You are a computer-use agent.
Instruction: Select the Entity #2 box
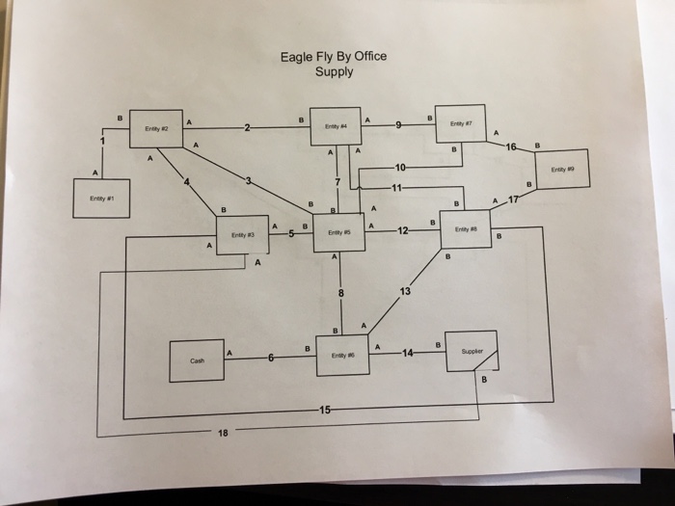click(x=155, y=127)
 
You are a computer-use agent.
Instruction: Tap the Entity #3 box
click(x=242, y=234)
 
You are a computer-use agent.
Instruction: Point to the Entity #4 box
click(x=336, y=126)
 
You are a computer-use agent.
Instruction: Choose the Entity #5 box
click(x=338, y=232)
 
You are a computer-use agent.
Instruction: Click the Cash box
click(x=197, y=360)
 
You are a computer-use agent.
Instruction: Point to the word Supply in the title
click(x=334, y=72)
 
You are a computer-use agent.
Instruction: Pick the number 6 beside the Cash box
click(x=272, y=358)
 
